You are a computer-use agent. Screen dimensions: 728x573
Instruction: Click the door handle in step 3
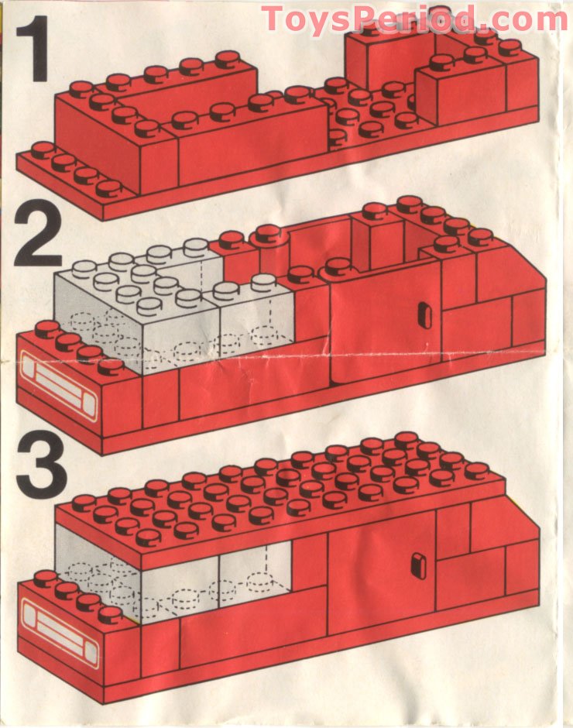point(418,565)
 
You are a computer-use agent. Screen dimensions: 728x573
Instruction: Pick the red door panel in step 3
point(379,581)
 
